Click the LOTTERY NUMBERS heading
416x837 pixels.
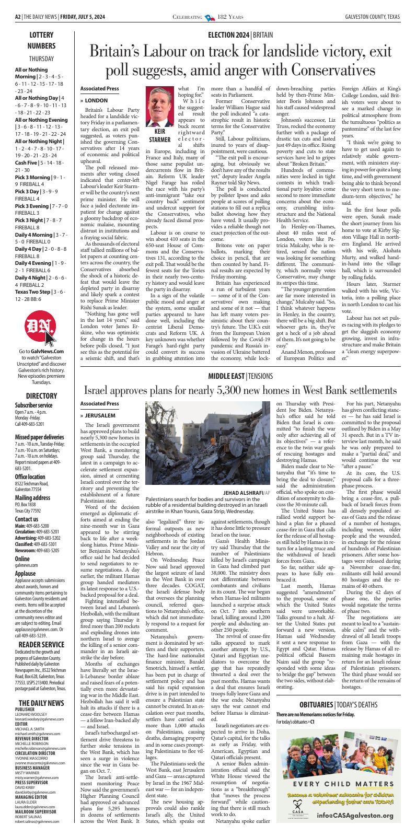pyautogui.click(x=41, y=40)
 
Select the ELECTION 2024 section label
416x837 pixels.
pyautogui.click(x=228, y=35)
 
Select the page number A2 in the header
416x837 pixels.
pyautogui.click(x=18, y=17)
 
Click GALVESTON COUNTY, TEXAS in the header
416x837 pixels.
pyautogui.click(x=372, y=17)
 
